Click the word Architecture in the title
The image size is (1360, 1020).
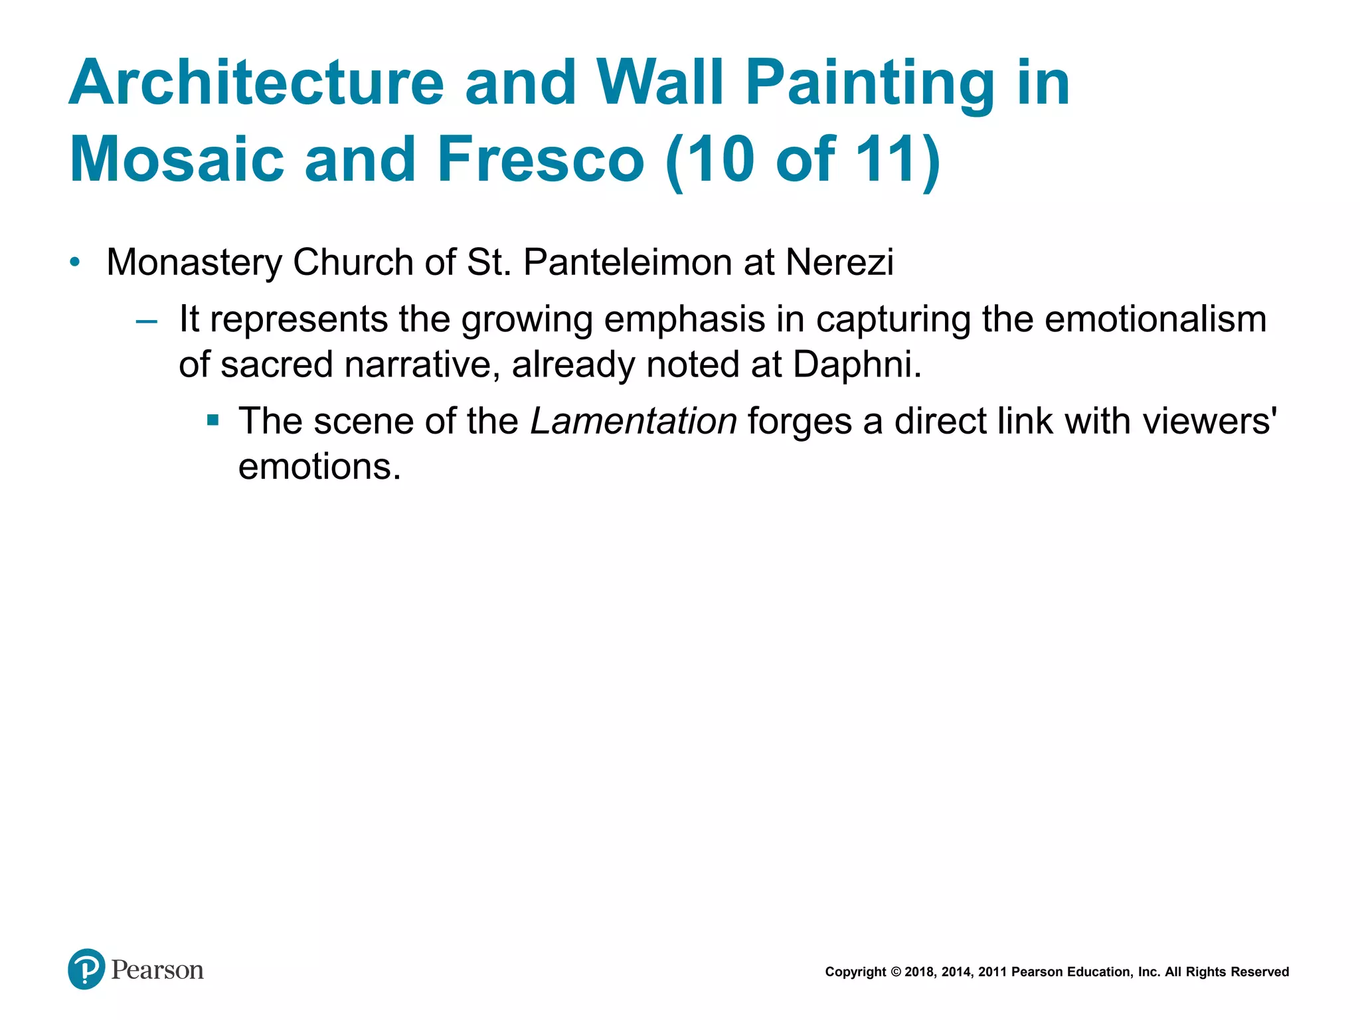(x=256, y=83)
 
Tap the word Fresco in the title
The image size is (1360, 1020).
(x=541, y=159)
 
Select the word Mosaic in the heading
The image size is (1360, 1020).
(x=177, y=159)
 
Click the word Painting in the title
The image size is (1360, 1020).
(x=870, y=83)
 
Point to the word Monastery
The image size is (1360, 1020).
(x=194, y=263)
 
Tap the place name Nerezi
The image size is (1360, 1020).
(x=840, y=262)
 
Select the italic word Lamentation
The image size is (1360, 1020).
(x=634, y=421)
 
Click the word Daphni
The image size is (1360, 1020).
(x=857, y=365)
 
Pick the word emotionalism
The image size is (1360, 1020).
(x=1155, y=319)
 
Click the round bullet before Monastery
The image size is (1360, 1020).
(x=75, y=262)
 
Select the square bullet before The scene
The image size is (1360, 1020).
(x=212, y=420)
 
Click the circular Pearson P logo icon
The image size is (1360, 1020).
(x=86, y=969)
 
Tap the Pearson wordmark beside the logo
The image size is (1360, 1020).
(x=157, y=970)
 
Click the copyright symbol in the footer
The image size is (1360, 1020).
(x=896, y=972)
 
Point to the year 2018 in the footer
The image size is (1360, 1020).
(x=920, y=972)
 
